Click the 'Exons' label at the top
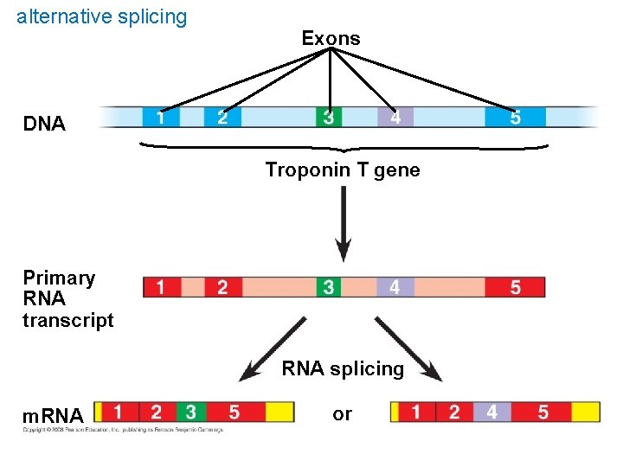point(331,38)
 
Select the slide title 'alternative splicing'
point(101,16)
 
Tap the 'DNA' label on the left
point(44,124)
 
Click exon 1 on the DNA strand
point(161,117)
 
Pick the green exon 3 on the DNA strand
point(328,117)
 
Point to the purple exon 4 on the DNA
point(395,117)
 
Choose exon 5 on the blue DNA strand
point(515,117)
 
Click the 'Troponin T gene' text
point(343,170)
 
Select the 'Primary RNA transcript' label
point(67,299)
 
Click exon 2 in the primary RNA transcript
point(222,287)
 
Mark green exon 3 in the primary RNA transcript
point(328,287)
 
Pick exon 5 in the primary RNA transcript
point(515,287)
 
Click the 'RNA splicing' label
point(343,369)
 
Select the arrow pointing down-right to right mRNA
point(408,349)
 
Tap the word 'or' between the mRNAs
point(343,414)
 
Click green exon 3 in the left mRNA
point(189,412)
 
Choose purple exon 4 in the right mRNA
point(491,412)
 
